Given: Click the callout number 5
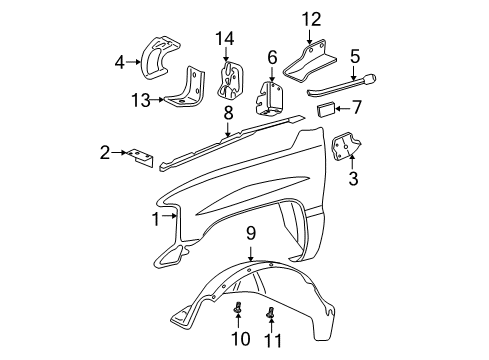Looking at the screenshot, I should pyautogui.click(x=354, y=58).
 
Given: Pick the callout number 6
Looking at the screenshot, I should pyautogui.click(x=272, y=57).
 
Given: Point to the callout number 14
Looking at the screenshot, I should pyautogui.click(x=223, y=38).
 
